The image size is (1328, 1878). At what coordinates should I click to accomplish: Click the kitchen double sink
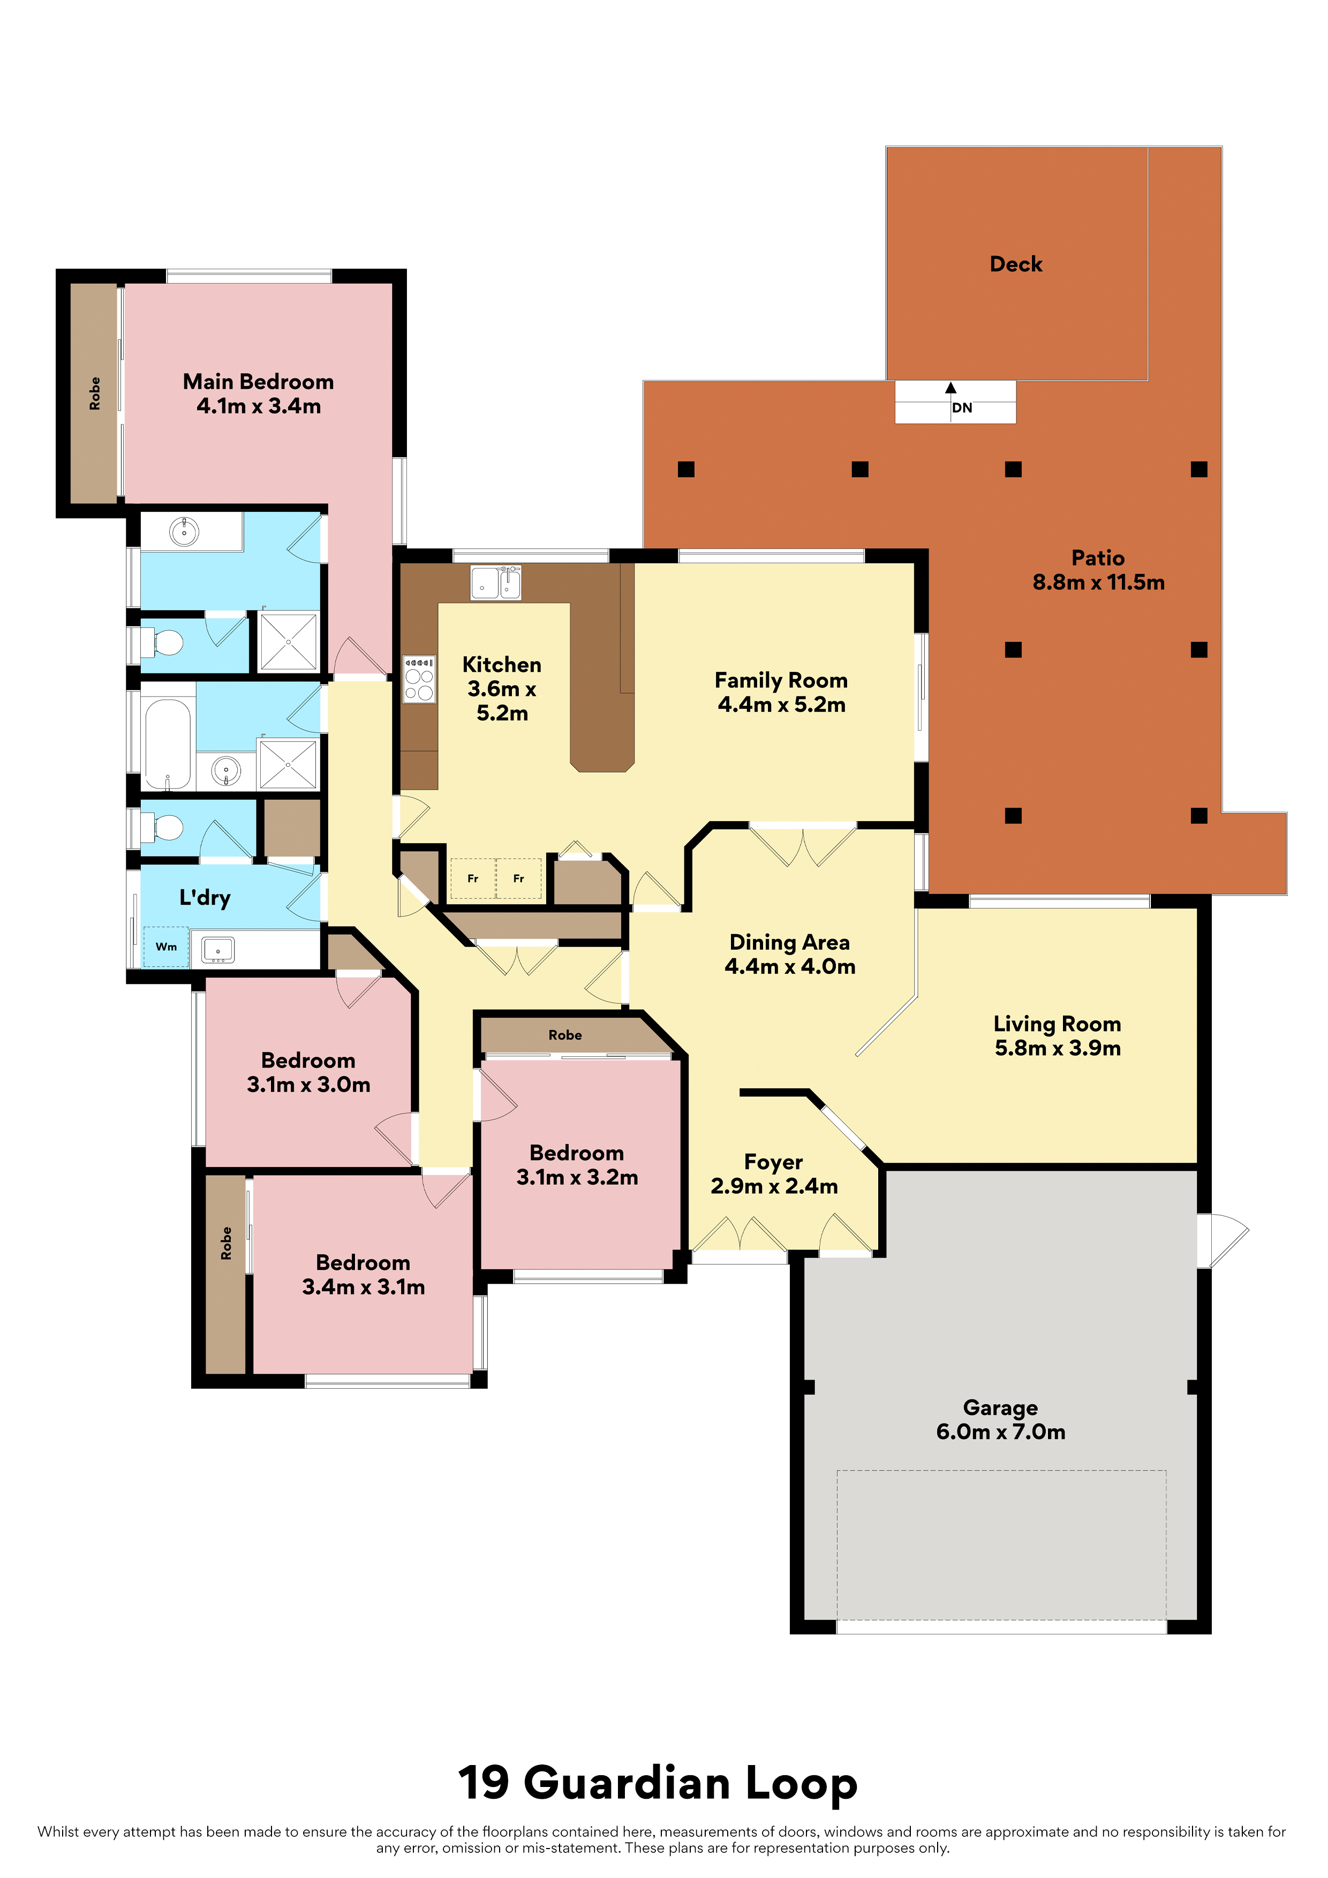click(496, 583)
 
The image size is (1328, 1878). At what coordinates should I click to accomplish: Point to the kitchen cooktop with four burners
click(419, 679)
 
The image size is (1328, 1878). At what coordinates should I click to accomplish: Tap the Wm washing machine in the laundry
click(166, 946)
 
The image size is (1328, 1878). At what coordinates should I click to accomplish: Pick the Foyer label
click(773, 1162)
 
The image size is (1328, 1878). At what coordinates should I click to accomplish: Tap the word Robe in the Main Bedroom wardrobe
click(95, 393)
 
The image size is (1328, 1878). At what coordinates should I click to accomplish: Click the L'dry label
click(205, 898)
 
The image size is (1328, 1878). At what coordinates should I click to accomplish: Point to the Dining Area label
click(790, 942)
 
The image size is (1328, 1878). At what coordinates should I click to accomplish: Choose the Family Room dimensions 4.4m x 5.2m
click(781, 705)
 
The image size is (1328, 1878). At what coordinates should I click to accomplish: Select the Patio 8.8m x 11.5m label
click(1098, 570)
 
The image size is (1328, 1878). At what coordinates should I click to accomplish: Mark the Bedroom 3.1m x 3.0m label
click(308, 1072)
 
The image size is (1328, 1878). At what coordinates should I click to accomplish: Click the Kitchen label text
click(502, 665)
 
